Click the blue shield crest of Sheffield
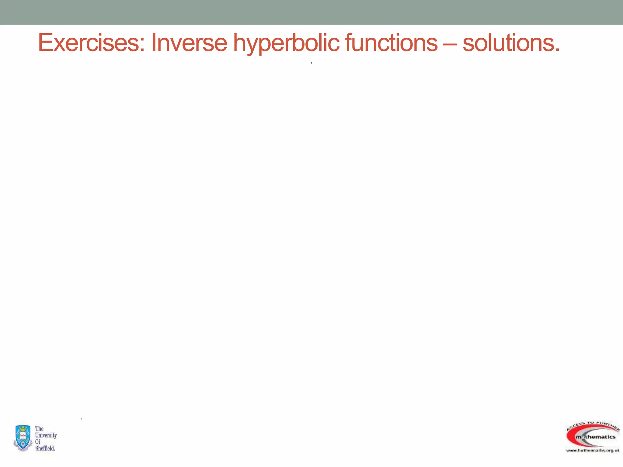pos(23,438)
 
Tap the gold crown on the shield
pos(23,430)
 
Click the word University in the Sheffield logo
pos(46,435)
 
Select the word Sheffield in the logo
pos(45,448)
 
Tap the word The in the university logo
pos(39,429)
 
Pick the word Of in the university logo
pos(38,441)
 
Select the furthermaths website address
pos(593,450)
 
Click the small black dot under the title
pos(311,63)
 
